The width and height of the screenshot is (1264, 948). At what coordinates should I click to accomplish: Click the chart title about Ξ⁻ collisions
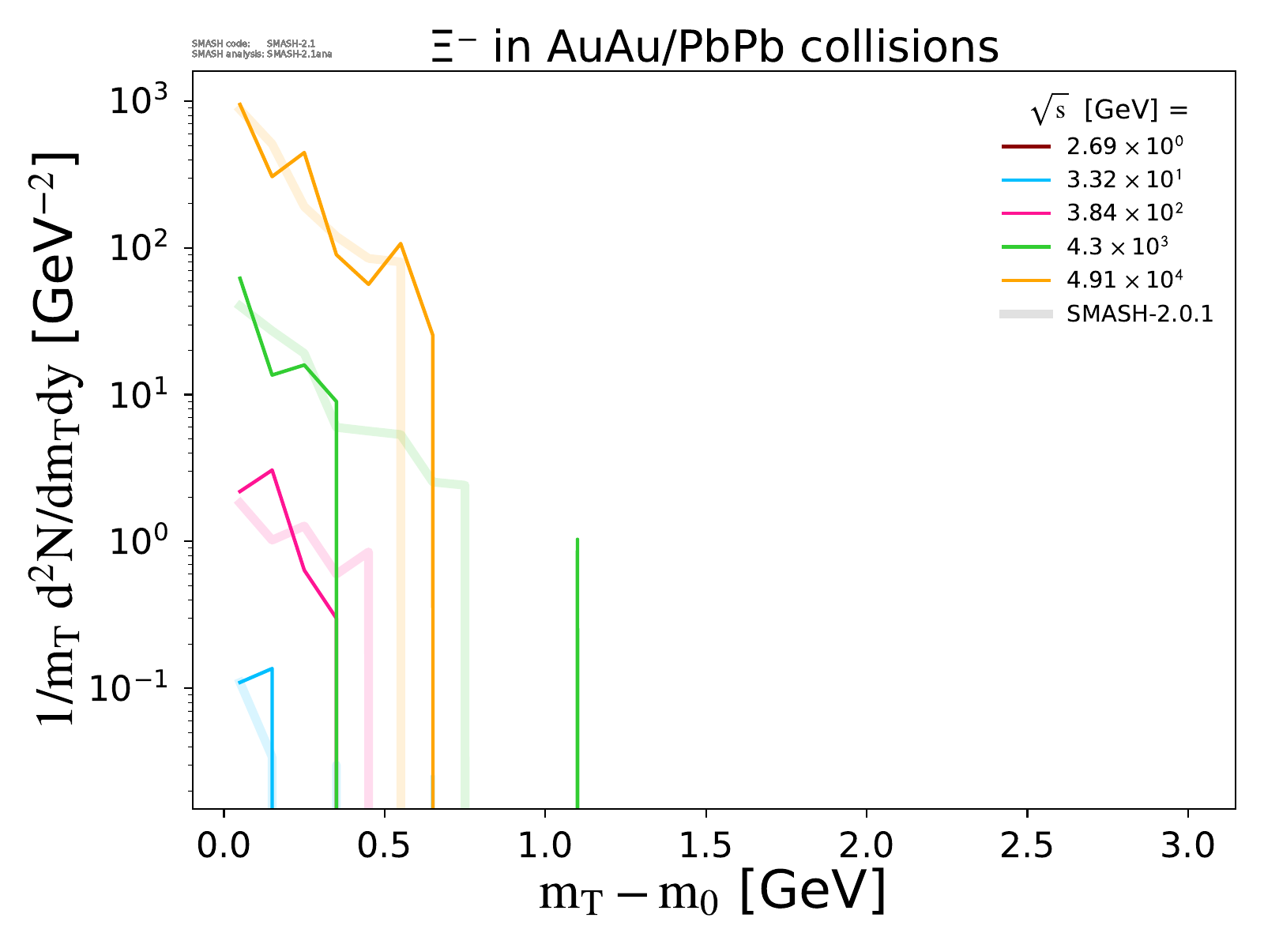[x=715, y=47]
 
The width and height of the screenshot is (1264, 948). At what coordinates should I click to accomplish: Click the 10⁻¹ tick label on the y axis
[x=134, y=689]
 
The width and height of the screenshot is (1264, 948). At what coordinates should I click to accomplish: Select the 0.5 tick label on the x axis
[x=384, y=845]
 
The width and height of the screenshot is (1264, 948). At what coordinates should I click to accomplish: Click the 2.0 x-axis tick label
[x=866, y=845]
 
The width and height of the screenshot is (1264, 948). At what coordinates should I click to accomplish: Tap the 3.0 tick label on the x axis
[x=1187, y=845]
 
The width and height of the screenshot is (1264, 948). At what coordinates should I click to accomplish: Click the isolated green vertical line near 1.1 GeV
[x=577, y=671]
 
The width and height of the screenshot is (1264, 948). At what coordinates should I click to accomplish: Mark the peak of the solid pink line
[x=272, y=470]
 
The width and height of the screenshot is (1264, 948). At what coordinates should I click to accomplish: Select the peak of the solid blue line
[x=272, y=669]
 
